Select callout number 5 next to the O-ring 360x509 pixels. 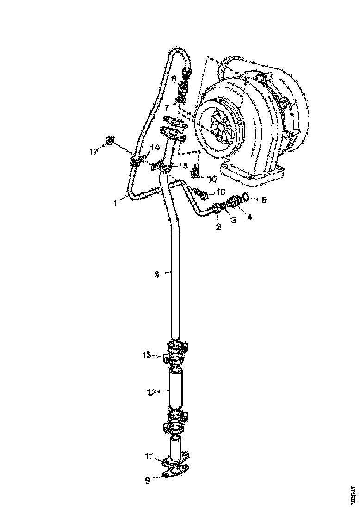click(x=264, y=200)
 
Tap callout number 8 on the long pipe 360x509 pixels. click(x=156, y=274)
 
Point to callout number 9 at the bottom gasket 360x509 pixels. click(x=148, y=481)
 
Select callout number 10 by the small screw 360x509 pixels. click(x=212, y=179)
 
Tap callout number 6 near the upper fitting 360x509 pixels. click(x=174, y=79)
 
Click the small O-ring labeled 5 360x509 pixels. click(x=247, y=198)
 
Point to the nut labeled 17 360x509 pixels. click(x=110, y=140)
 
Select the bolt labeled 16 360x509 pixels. click(x=202, y=193)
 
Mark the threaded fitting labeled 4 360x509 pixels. click(x=235, y=201)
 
